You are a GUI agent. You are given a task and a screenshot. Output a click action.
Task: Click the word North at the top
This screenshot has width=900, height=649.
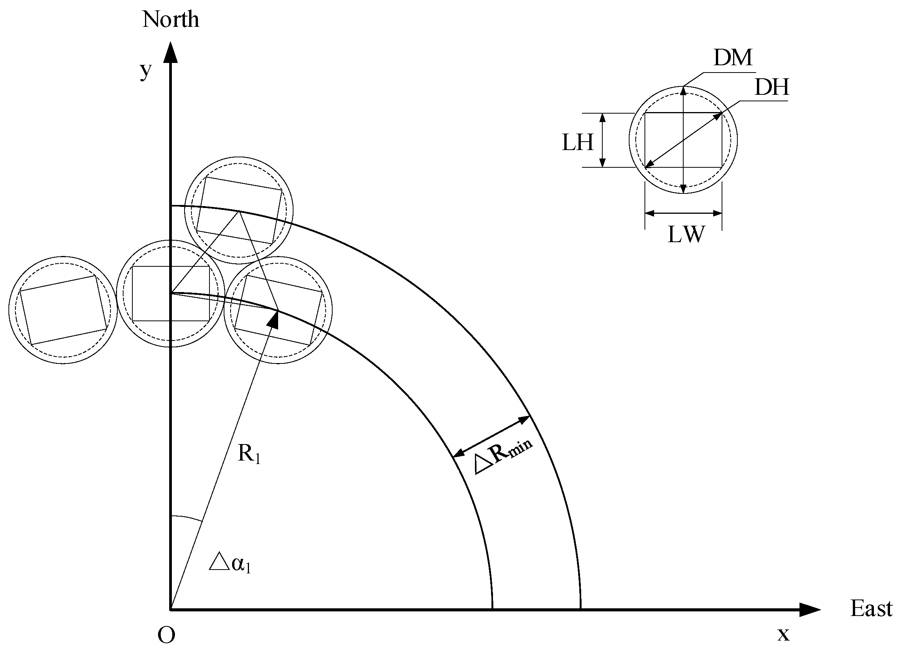pyautogui.click(x=171, y=20)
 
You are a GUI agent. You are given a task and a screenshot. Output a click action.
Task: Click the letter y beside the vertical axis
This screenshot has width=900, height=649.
pyautogui.click(x=146, y=71)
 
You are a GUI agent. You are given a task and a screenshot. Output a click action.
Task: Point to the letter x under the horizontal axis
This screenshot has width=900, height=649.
pyautogui.click(x=783, y=634)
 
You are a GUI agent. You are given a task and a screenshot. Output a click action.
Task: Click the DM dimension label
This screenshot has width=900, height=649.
pyautogui.click(x=733, y=58)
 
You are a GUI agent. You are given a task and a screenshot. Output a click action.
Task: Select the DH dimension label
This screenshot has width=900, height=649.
pyautogui.click(x=772, y=88)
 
